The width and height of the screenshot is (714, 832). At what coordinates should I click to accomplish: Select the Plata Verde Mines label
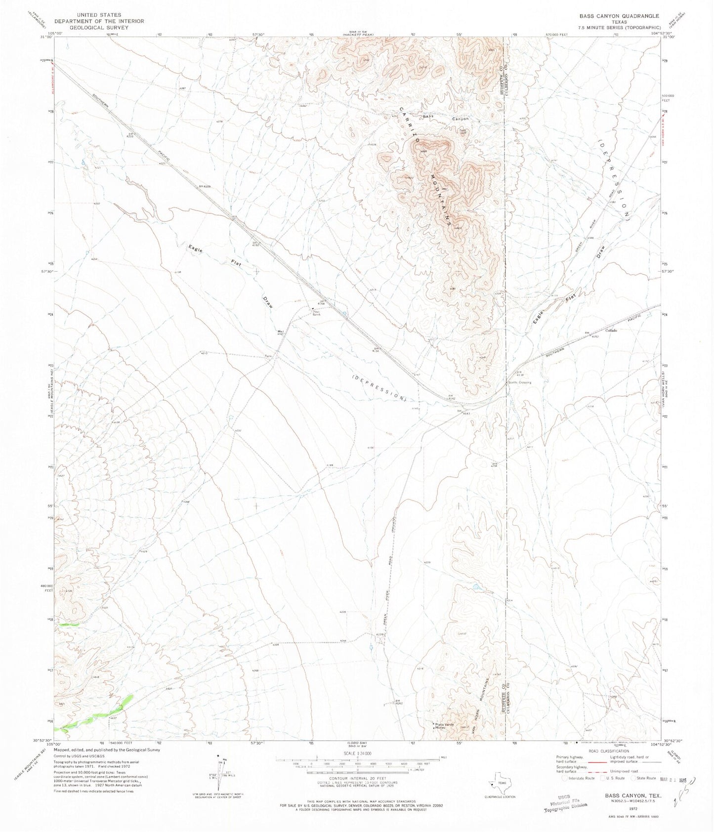440,726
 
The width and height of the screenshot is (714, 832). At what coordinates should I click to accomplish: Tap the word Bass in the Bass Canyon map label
428,117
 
